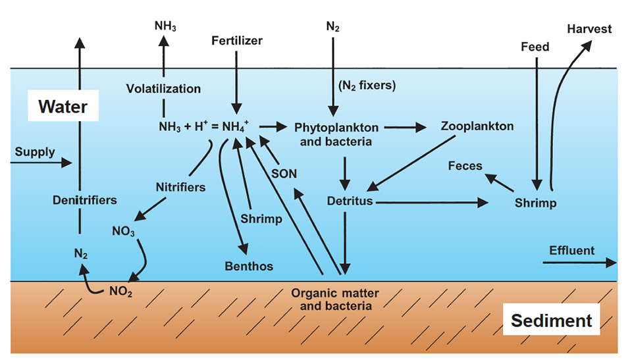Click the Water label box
63,105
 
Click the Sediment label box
552,321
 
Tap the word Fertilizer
237,41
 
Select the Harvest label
589,29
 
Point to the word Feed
535,47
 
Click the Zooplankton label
477,126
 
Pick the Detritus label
350,200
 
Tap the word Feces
465,166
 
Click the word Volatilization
164,88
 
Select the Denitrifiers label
85,199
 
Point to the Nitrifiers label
180,187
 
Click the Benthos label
249,267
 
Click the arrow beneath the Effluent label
579,263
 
